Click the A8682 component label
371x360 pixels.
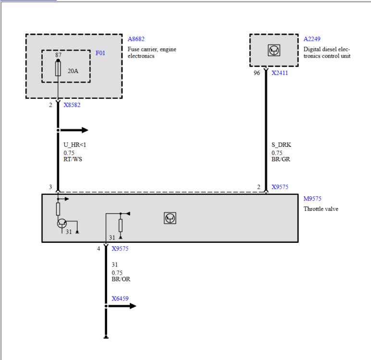136,39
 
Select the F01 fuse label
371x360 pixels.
100,53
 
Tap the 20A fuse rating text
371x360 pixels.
73,71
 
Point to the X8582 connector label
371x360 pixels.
72,105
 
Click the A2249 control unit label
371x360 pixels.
311,39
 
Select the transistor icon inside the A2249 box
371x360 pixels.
273,50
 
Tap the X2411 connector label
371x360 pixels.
280,73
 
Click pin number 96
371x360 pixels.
257,73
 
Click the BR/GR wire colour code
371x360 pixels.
281,159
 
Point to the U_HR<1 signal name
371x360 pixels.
74,144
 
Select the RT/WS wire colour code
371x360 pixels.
73,159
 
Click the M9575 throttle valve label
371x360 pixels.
312,199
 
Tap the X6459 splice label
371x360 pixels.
120,299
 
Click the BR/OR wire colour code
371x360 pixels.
121,279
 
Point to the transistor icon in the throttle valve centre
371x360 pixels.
170,218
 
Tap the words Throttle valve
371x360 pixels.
321,209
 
